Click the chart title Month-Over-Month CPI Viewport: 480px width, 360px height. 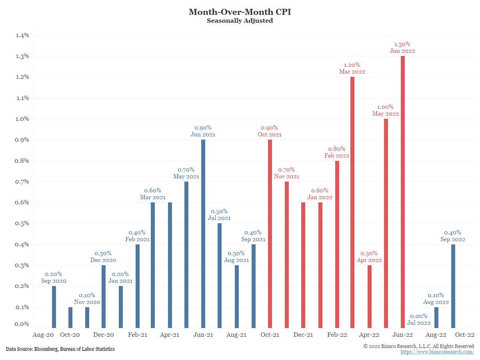click(x=240, y=12)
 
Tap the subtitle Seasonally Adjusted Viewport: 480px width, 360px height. click(x=240, y=21)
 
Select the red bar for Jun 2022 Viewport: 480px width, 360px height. click(x=402, y=192)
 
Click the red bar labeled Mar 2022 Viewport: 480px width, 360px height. click(x=352, y=202)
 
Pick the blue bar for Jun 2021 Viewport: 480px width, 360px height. click(x=203, y=234)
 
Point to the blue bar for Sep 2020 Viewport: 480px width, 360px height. click(x=54, y=307)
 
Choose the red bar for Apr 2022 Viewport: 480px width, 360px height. click(x=369, y=296)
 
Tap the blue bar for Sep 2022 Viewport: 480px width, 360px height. click(x=453, y=286)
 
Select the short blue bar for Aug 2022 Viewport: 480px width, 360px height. click(x=436, y=318)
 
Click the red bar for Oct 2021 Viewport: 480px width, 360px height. click(x=270, y=234)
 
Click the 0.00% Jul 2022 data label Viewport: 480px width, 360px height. click(x=419, y=319)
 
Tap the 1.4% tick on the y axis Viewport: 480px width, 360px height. click(x=22, y=35)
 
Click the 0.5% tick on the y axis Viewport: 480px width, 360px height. click(x=22, y=223)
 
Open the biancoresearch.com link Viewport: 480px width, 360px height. click(x=437, y=352)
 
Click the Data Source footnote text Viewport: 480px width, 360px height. click(x=60, y=349)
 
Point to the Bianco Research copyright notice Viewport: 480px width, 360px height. click(x=419, y=346)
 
